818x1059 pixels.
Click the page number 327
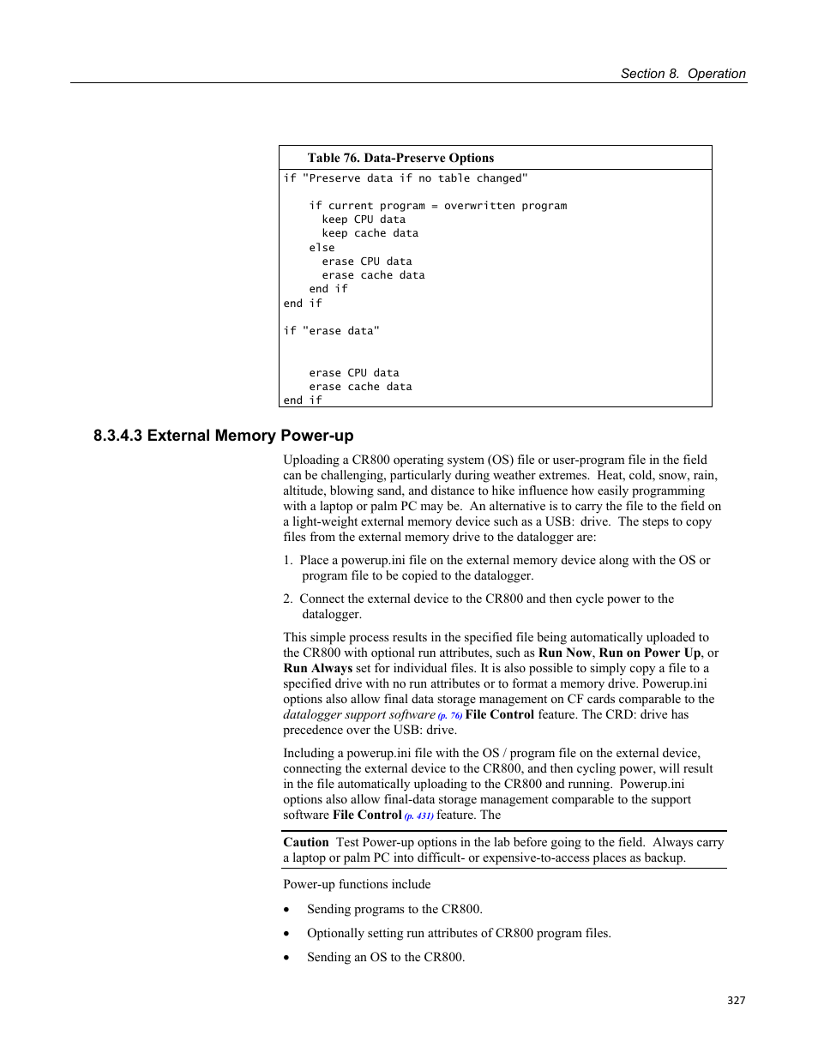[736, 1000]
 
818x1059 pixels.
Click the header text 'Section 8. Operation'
[683, 74]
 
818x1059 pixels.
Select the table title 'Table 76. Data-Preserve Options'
[400, 158]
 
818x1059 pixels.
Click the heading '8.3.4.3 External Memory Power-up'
[223, 436]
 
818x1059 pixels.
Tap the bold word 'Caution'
[306, 842]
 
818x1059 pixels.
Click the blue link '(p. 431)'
[418, 815]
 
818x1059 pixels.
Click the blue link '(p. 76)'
[450, 715]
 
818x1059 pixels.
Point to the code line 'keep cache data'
[370, 233]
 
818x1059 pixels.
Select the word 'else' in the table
[322, 248]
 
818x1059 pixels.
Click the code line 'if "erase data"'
[331, 331]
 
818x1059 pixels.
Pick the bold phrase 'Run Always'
[318, 668]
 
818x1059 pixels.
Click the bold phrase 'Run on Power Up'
[649, 653]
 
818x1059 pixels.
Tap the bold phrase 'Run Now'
[564, 653]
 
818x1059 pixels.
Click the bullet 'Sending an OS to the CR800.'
[386, 957]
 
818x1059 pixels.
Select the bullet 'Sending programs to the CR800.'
[394, 909]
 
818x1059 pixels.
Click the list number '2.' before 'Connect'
[288, 599]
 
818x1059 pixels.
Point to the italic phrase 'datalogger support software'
[359, 714]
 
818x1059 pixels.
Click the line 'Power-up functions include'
[357, 884]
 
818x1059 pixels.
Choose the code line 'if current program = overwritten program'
[437, 206]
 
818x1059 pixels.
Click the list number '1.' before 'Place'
[288, 560]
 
